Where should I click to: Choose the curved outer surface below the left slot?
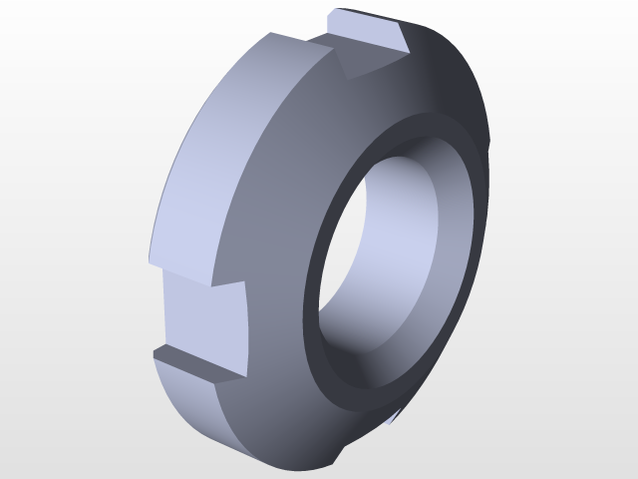click(x=199, y=409)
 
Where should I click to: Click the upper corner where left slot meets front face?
click(x=245, y=282)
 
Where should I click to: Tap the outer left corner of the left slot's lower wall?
click(x=155, y=352)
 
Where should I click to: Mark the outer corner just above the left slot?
click(x=149, y=261)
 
